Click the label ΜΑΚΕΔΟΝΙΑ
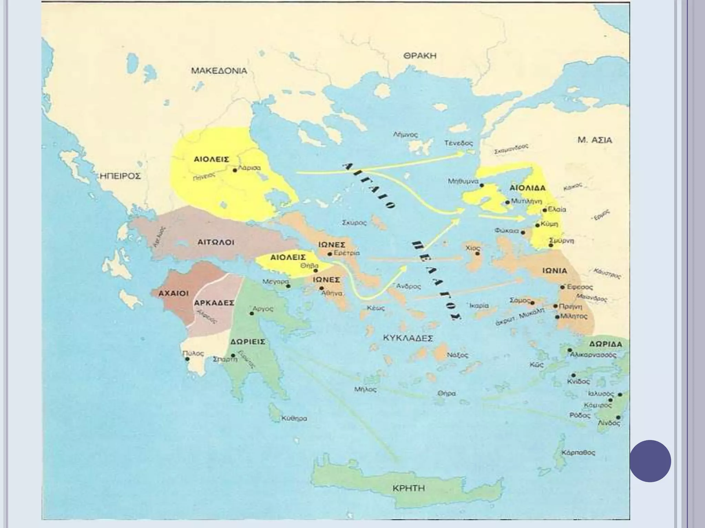(x=219, y=71)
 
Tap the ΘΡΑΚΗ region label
(x=420, y=56)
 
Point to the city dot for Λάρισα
(x=235, y=170)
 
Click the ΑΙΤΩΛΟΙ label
(x=216, y=242)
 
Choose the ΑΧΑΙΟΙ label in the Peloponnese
(x=173, y=294)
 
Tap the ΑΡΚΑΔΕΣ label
(x=214, y=303)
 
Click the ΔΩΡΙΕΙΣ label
(x=248, y=342)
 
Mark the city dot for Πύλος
(x=187, y=359)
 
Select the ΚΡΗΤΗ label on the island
(x=409, y=488)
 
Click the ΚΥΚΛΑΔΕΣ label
(x=408, y=338)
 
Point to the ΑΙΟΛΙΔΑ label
(x=527, y=188)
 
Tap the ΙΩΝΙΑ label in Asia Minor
(x=555, y=271)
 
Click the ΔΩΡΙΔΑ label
(x=606, y=344)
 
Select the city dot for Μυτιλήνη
(x=507, y=202)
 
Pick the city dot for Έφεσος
(x=562, y=287)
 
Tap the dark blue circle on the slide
(x=650, y=461)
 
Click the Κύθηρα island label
(x=294, y=419)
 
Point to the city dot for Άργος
(x=252, y=313)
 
